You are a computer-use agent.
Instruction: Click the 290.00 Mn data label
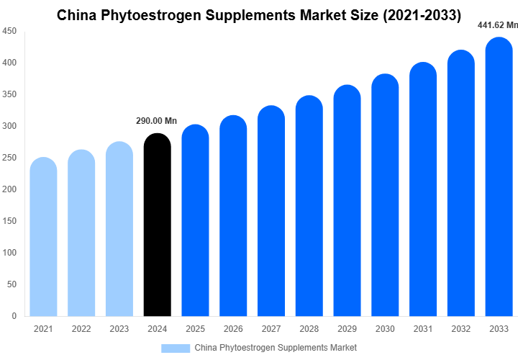[156, 121]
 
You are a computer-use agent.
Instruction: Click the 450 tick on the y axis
[10, 32]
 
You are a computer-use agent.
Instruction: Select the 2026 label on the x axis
[233, 329]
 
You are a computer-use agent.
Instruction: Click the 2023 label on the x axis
[119, 329]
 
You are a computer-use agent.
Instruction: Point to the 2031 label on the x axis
[423, 329]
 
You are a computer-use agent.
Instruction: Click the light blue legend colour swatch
[176, 348]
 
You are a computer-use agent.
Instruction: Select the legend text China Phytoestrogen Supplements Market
[276, 348]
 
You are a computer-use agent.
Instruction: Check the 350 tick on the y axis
[10, 94]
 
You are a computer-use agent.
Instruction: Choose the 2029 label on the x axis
[347, 329]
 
